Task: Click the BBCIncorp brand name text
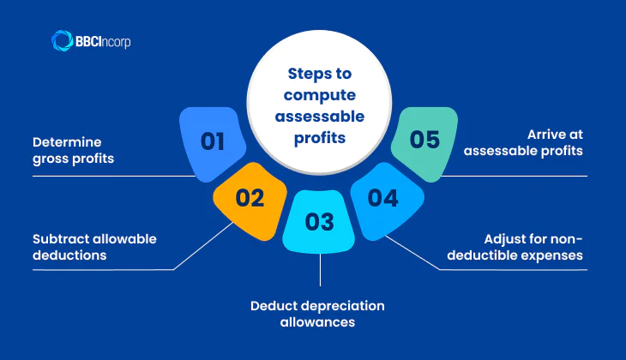(x=103, y=40)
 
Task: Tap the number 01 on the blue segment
(x=213, y=141)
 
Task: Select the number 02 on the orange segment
(x=249, y=198)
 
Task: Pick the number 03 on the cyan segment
(x=319, y=222)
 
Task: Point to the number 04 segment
(x=382, y=198)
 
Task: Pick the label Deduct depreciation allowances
(x=318, y=314)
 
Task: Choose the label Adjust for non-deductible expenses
(x=528, y=246)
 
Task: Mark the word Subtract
(x=61, y=237)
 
